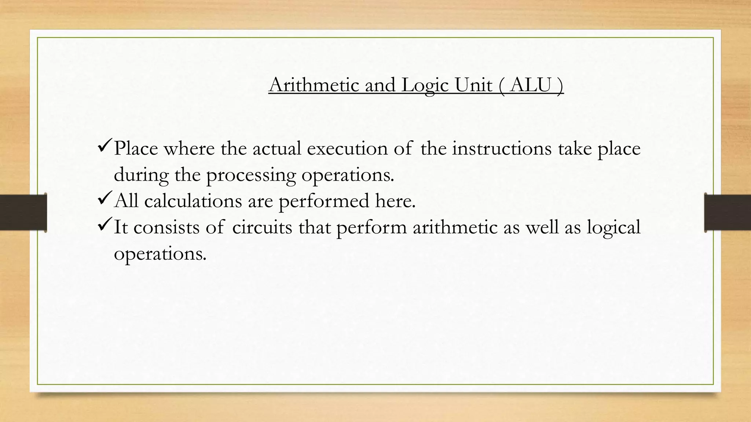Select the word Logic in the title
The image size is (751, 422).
pos(425,86)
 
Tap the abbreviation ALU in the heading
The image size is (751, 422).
pos(530,85)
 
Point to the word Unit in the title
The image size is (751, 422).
pos(473,85)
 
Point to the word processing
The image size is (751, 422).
pos(251,175)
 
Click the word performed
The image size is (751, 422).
pos(324,201)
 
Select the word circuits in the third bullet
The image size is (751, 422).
pos(262,227)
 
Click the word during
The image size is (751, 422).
pos(141,175)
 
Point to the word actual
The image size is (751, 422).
pos(276,148)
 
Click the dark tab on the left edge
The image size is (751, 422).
pos(23,212)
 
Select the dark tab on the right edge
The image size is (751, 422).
pos(728,212)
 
